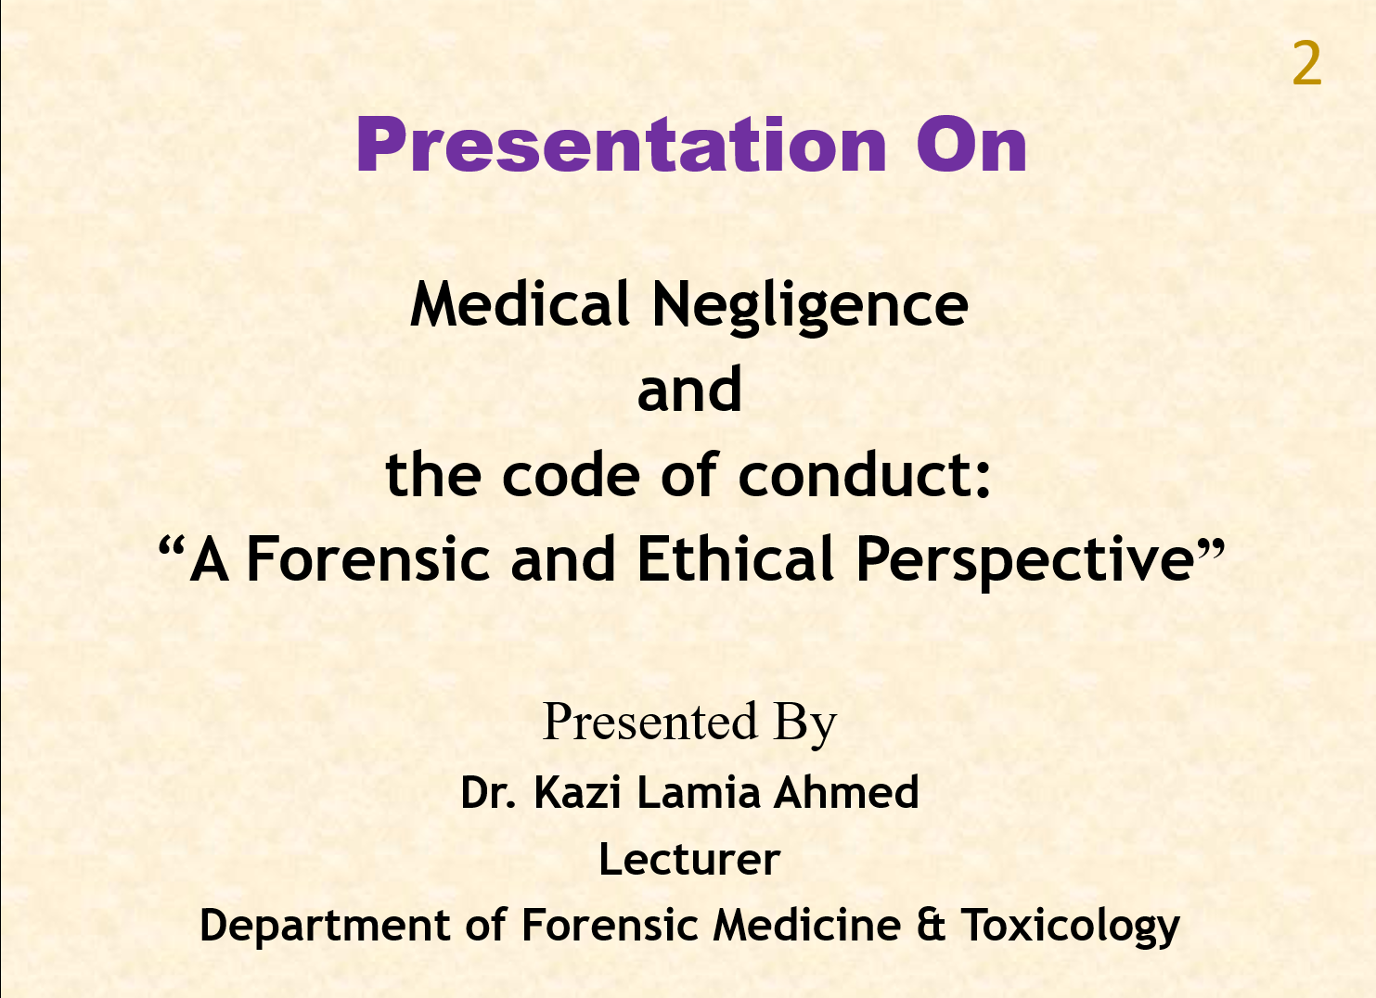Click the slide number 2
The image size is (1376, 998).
[1306, 63]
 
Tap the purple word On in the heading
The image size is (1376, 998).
[971, 145]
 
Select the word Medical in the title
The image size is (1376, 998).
[520, 303]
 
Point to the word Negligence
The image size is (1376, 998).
[810, 307]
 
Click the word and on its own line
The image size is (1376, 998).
[689, 390]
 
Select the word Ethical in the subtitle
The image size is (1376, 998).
[735, 558]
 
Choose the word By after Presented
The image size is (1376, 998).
[805, 724]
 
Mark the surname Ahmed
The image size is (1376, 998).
[846, 792]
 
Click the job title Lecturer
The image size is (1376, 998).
[689, 859]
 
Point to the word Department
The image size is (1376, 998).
[326, 927]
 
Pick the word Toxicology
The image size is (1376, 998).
[1070, 927]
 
